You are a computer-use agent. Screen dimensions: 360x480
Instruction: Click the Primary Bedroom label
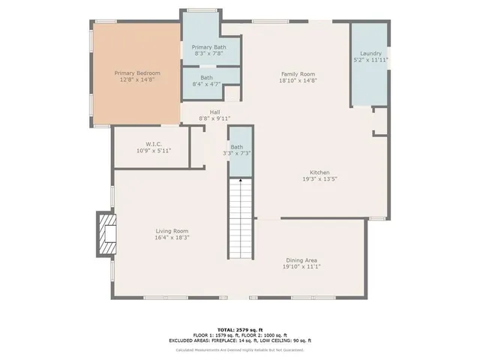pos(135,73)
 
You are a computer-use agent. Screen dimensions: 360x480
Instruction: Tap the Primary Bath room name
pos(210,46)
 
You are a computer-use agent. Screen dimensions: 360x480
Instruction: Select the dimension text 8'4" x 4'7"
pos(206,84)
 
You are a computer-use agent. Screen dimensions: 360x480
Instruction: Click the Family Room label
pos(298,73)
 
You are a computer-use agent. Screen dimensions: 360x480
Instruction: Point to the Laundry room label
pos(370,53)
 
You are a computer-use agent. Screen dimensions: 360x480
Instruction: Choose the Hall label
pos(214,112)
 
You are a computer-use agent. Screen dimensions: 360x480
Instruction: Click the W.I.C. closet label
pos(154,143)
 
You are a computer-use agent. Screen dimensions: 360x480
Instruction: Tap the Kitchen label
pos(319,172)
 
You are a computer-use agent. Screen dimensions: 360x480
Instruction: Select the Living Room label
pos(172,231)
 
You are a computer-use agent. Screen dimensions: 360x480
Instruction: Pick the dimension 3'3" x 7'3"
pos(237,154)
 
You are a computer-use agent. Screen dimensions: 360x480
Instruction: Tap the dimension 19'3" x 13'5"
pos(319,179)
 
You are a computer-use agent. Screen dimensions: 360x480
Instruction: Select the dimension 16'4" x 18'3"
pos(172,238)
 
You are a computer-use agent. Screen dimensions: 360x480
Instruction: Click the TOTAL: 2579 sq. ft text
pos(240,329)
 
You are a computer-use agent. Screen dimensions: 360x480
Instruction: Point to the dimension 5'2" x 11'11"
pos(370,60)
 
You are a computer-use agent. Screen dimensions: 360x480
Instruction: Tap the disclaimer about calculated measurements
pos(240,349)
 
